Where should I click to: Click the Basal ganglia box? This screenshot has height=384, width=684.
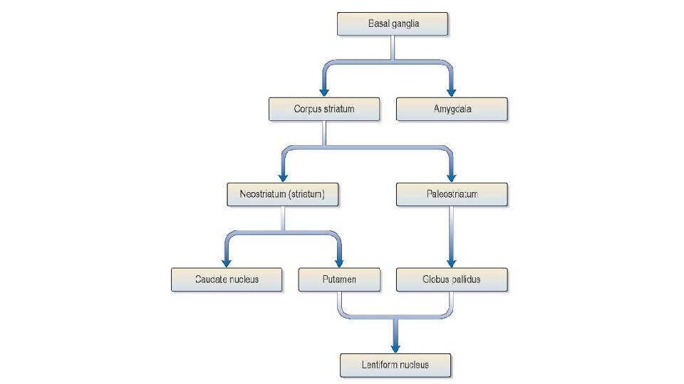point(393,24)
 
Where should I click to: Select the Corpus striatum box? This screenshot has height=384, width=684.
point(324,110)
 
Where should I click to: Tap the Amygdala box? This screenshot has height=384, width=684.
point(452,110)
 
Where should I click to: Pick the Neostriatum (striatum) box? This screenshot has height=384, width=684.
point(283,195)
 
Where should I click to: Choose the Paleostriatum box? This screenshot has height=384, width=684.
point(452,195)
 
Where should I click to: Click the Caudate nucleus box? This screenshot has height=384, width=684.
point(227,279)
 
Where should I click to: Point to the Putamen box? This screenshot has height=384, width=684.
point(338,279)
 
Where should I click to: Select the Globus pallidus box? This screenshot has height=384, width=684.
point(452,279)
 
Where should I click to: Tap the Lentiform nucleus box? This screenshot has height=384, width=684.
point(395,365)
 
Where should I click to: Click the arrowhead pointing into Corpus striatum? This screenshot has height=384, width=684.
point(324,92)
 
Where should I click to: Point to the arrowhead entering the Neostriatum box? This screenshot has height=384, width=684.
point(283,177)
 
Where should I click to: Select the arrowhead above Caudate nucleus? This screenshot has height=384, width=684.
point(227,262)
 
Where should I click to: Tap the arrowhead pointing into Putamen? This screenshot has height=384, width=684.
point(338,262)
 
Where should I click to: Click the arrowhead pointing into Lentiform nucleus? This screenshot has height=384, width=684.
point(395,347)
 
